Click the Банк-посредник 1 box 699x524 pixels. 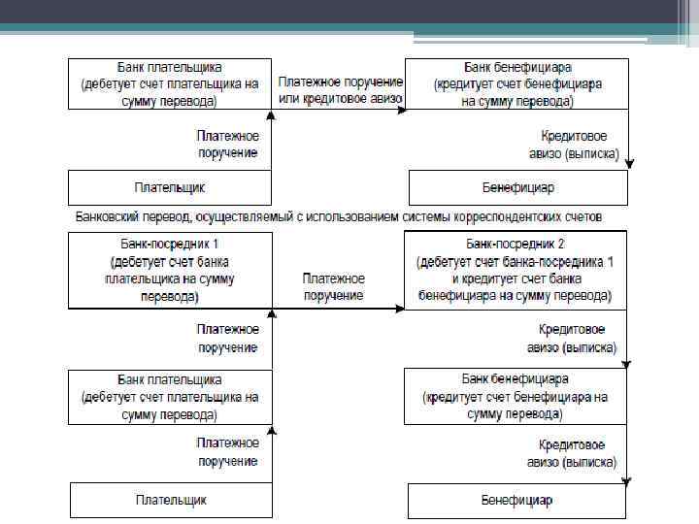pyautogui.click(x=169, y=271)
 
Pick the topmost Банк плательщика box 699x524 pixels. pyautogui.click(x=169, y=84)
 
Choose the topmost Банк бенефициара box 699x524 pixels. pyautogui.click(x=516, y=84)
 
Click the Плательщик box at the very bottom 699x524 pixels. pyautogui.click(x=170, y=501)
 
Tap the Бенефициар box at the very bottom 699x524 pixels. pyautogui.click(x=516, y=501)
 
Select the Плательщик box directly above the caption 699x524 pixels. pyautogui.click(x=169, y=186)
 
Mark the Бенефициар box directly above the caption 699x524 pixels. pyautogui.click(x=517, y=186)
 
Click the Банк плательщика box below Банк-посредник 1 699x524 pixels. pyautogui.click(x=169, y=397)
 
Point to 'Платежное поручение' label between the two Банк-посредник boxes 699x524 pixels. pyautogui.click(x=333, y=287)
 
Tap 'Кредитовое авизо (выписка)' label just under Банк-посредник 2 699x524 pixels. pyautogui.click(x=572, y=338)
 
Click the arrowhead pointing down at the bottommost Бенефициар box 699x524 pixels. pyautogui.click(x=628, y=479)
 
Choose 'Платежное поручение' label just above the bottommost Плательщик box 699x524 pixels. pyautogui.click(x=227, y=451)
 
